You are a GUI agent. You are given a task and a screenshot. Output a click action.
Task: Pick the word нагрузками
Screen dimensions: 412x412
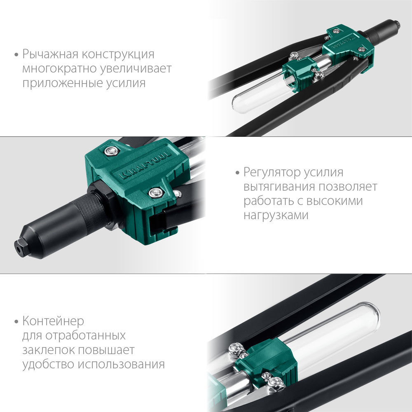[276, 215]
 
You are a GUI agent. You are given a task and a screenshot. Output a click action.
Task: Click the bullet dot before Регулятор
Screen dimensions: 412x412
[237, 172]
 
